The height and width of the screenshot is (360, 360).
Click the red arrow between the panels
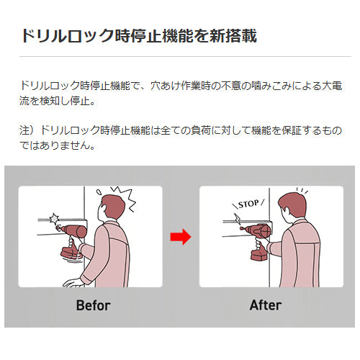pos(181,237)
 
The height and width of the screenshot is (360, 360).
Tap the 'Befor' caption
pos(94,305)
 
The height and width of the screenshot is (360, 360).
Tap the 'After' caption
pos(266,305)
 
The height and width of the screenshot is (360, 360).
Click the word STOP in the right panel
pos(248,204)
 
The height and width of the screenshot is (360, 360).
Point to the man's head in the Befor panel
pos(112,207)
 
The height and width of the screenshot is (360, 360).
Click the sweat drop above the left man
pos(99,192)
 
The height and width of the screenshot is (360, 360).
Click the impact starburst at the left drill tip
pos(54,218)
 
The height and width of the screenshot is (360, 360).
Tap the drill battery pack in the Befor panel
pos(71,253)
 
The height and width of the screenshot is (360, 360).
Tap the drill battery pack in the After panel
pos(259,255)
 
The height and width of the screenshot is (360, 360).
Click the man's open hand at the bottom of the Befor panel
pos(73,283)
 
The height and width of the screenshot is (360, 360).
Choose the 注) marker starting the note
pos(27,130)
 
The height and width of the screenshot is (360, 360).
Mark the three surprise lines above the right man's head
pos(302,191)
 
